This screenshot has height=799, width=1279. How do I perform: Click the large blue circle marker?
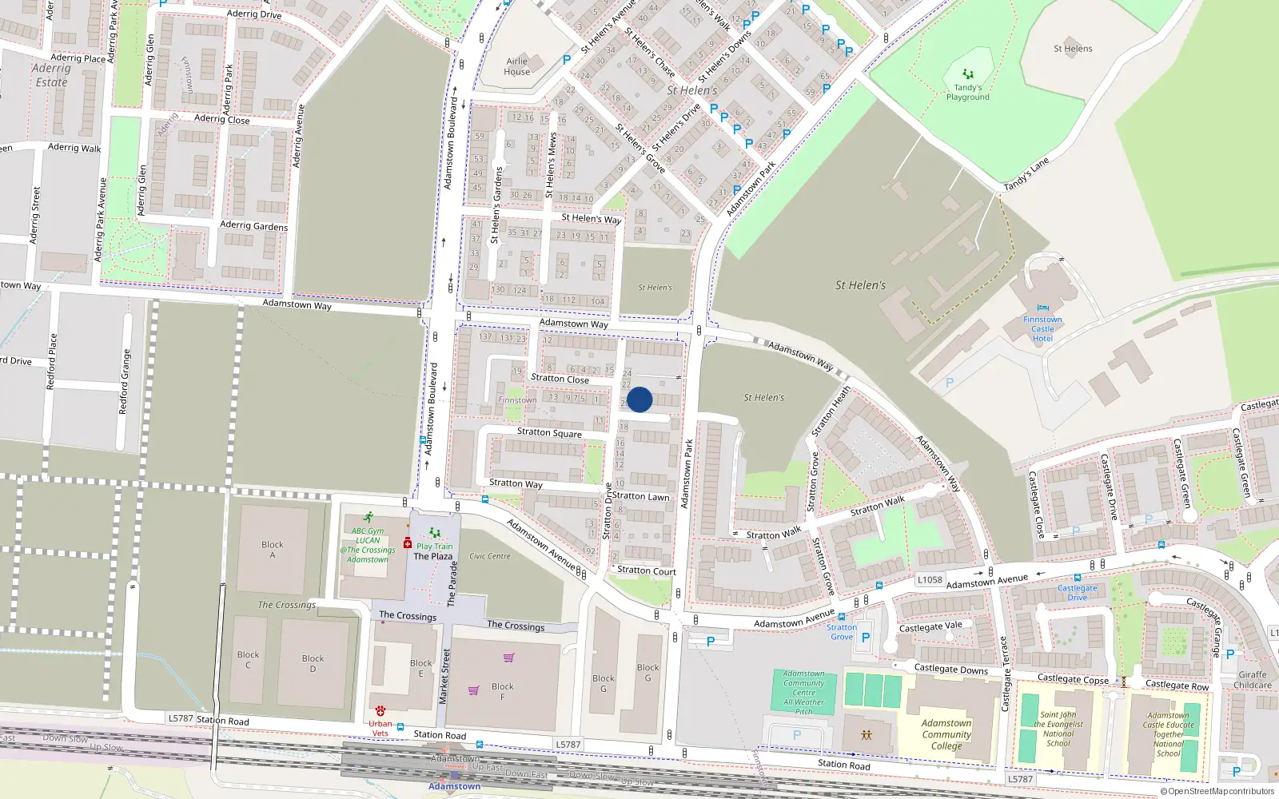point(639,399)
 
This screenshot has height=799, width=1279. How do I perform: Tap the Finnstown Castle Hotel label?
point(1042,328)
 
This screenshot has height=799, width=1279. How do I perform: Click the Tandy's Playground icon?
point(968,74)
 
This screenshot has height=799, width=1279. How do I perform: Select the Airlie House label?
point(517,66)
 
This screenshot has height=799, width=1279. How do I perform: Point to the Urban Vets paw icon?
point(381,710)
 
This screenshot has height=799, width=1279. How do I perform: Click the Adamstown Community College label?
point(946,734)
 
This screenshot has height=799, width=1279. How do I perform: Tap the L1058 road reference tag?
point(930,580)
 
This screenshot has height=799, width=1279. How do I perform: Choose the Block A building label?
point(273,550)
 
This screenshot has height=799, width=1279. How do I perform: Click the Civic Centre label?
point(489,556)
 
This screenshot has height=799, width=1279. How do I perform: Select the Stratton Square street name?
point(549,433)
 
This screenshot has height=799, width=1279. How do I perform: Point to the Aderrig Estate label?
point(51,75)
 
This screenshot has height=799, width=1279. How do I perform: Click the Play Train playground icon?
point(434,533)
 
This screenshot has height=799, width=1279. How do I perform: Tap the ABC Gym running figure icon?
point(368,518)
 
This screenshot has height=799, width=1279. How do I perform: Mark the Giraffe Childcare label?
point(1253,679)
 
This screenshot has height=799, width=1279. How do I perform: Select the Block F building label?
point(503,691)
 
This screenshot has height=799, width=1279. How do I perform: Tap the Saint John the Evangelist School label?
point(1058,729)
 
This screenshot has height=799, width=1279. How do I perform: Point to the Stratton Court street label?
point(646,570)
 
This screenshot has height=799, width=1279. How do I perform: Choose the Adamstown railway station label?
point(454,786)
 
